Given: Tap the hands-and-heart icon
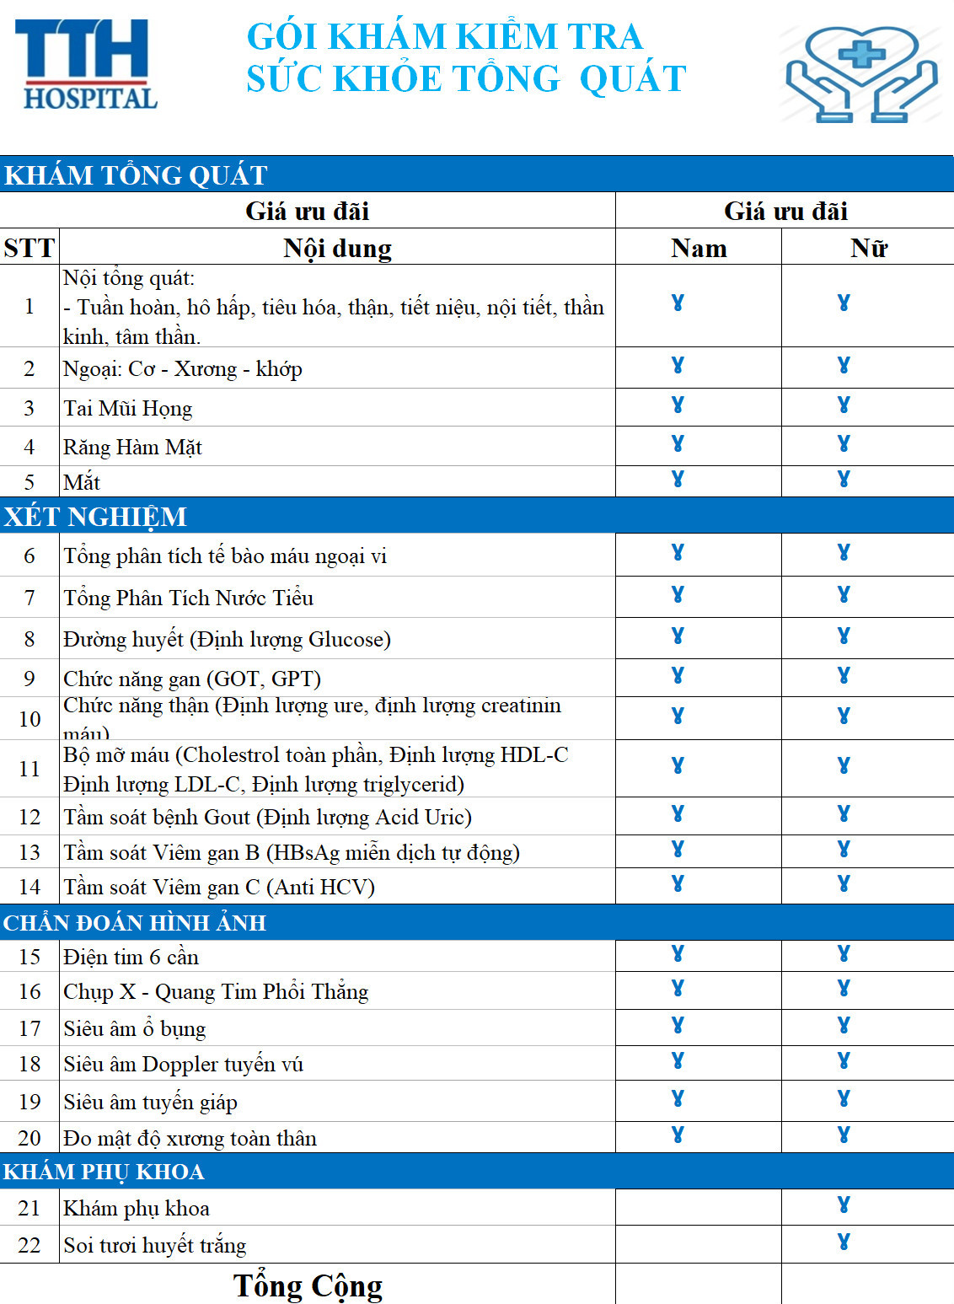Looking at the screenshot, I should click(861, 74).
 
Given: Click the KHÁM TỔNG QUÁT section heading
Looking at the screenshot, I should click(136, 174).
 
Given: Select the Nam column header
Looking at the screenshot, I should click(699, 248).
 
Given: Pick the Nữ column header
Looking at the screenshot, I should click(868, 248).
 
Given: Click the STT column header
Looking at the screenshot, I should click(29, 248).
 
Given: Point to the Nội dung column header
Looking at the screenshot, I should click(337, 248).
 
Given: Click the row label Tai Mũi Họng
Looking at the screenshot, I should click(128, 409).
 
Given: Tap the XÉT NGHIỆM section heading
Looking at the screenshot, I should click(95, 516).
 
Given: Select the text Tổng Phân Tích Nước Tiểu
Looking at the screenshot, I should click(189, 598).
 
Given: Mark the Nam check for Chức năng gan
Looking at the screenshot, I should click(678, 675).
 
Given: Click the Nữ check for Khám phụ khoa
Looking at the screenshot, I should click(844, 1205).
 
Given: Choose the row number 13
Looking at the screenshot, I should click(29, 852).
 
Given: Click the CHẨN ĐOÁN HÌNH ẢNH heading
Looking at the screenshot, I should click(135, 923).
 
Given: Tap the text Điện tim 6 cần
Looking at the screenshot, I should click(131, 957).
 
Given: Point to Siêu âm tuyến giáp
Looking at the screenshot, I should click(151, 1102).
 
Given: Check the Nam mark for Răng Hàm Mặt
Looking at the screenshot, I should click(678, 443).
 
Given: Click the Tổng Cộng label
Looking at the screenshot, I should click(308, 1285).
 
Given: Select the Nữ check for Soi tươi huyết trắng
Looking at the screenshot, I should click(844, 1242).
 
